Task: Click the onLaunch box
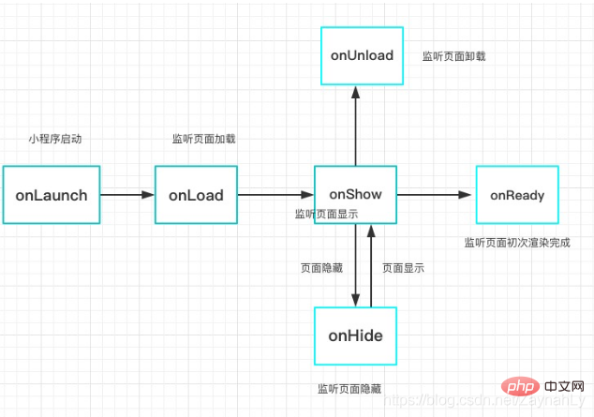pos(52,196)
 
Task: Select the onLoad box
pos(196,195)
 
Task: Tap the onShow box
pos(355,194)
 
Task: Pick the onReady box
pos(516,195)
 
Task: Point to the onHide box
pos(355,335)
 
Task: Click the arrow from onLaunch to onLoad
pos(126,195)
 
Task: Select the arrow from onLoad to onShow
pos(275,195)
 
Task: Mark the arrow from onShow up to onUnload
pos(356,126)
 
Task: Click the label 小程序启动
pos(55,139)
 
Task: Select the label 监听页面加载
pos(203,139)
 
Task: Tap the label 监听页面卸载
pos(453,56)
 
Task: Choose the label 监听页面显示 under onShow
pos(326,215)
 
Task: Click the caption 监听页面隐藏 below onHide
pos(349,388)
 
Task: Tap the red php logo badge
pos(518,387)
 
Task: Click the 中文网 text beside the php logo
pos(564,387)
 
